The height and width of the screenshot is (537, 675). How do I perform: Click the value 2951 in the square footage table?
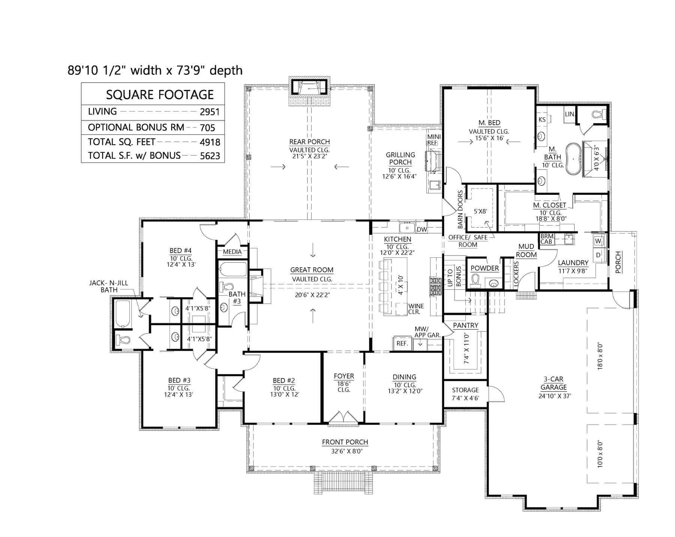210,112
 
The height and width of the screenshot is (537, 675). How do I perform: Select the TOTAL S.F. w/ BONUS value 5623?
210,156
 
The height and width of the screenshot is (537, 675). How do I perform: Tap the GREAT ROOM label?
312,270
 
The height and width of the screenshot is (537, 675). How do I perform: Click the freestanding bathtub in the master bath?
573,159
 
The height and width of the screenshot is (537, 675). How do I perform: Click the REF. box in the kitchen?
402,343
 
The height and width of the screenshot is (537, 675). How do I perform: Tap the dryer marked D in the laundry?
598,255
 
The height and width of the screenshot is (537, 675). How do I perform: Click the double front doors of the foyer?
343,418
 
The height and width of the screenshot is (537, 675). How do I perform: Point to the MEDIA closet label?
232,252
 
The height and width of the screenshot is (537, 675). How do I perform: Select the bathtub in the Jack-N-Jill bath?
122,314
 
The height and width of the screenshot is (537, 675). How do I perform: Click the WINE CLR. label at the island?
416,309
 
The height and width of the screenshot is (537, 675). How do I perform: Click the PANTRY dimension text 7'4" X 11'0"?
466,349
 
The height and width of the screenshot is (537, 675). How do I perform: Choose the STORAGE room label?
465,390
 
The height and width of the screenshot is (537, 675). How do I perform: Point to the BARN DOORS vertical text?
460,209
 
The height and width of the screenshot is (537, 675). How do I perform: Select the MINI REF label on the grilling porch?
434,140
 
